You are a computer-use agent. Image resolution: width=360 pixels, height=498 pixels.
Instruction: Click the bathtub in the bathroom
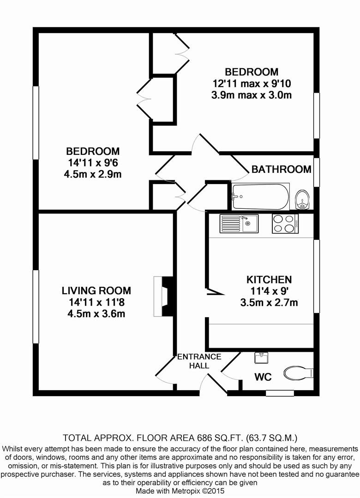coord(260,197)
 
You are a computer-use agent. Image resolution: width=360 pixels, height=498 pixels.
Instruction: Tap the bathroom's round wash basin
coord(302,200)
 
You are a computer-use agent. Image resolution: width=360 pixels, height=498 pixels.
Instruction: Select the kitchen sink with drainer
coord(239,224)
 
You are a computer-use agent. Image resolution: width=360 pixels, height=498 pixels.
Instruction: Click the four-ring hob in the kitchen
coord(285,224)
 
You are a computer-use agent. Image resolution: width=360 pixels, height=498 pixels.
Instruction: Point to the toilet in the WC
coord(299,373)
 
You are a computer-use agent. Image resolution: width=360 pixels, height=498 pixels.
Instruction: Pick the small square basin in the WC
coord(261,358)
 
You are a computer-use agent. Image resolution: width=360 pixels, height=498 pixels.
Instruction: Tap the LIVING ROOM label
coord(96,290)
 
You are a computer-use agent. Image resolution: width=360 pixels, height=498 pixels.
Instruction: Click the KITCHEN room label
coord(269,279)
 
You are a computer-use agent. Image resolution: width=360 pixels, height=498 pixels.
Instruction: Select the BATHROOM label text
coord(281,169)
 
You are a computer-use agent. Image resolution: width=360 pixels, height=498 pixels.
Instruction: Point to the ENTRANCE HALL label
coord(199,361)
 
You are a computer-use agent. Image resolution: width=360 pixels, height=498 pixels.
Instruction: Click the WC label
coord(263,377)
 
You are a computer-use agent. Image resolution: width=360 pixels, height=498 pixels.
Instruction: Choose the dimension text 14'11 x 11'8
coord(96,302)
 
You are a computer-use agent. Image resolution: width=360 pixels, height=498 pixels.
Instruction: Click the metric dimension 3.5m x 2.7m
coord(269,302)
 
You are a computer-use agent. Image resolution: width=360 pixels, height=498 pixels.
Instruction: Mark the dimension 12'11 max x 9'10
coord(252,83)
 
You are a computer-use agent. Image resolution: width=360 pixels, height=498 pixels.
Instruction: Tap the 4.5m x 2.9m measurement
coord(93,174)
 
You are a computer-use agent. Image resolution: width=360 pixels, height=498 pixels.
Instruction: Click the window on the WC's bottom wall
coord(280,393)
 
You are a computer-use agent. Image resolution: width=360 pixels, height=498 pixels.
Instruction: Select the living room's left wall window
coord(36,307)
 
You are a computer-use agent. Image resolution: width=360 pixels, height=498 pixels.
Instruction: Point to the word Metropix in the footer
coord(186,491)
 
